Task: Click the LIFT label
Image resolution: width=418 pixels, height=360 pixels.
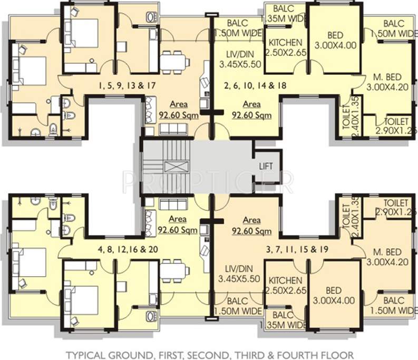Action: point(266,166)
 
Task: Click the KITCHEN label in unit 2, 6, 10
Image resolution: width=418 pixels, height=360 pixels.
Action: point(285,47)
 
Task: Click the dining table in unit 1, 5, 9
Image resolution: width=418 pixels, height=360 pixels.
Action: point(174,62)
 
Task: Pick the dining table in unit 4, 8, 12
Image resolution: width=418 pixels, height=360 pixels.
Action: point(174,270)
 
